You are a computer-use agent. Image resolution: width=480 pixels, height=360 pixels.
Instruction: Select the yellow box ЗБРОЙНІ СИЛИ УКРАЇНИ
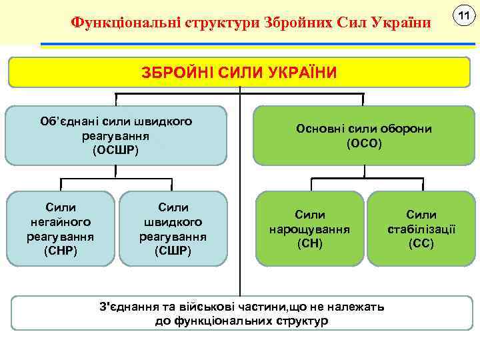pos(239,72)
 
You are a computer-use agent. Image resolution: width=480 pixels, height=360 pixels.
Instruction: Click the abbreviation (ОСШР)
pos(116,150)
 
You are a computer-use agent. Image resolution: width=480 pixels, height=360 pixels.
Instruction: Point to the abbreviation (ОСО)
pos(364,143)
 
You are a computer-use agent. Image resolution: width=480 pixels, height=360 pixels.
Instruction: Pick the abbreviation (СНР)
pos(60,251)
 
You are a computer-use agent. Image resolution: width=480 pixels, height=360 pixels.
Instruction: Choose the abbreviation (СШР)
pos(172,251)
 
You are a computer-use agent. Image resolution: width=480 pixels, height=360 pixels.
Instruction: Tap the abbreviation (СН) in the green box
pos(310,243)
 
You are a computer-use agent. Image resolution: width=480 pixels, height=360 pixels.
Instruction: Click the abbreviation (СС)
pos(421,243)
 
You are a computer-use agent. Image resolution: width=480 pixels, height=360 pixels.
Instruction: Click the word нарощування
pos(310,229)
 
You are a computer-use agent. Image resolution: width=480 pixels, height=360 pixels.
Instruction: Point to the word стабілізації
pos(421,229)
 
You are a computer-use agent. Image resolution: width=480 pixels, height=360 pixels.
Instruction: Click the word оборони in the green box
pos(405,129)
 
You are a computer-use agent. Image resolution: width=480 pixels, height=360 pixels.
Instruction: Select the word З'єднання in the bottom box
pos(125,307)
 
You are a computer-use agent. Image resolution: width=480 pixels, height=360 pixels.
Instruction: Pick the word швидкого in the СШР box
pos(172,222)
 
